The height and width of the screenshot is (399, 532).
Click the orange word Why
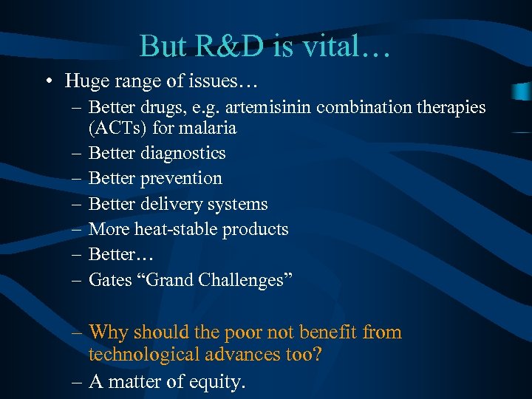[x=108, y=332]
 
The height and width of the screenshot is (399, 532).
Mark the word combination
[x=375, y=107]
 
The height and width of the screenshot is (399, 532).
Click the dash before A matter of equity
[x=77, y=382]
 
